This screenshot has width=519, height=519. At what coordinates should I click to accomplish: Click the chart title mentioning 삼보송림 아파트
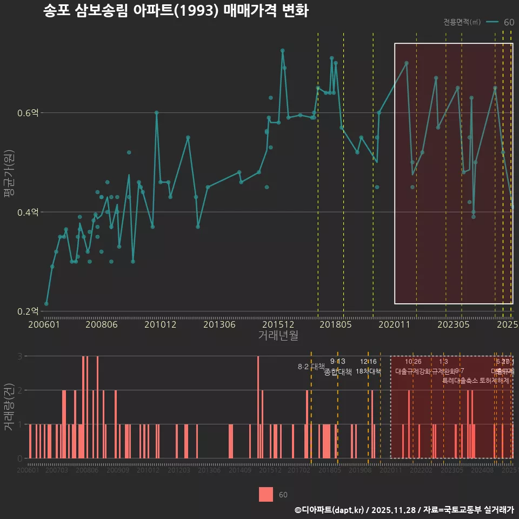pyautogui.click(x=176, y=11)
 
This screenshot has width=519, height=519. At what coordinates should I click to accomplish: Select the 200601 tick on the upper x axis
pyautogui.click(x=44, y=324)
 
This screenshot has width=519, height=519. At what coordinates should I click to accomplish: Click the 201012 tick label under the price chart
pyautogui.click(x=160, y=324)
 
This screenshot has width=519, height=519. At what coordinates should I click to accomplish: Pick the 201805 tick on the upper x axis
pyautogui.click(x=335, y=324)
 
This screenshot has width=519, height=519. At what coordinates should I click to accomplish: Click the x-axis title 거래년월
pyautogui.click(x=278, y=335)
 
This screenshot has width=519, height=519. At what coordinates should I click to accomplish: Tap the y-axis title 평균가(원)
pyautogui.click(x=9, y=174)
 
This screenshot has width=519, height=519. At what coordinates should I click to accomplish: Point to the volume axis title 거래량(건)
pyautogui.click(x=9, y=407)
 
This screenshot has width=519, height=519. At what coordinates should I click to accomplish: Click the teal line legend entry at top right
pyautogui.click(x=500, y=22)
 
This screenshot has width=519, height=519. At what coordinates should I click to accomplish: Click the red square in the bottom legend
pyautogui.click(x=266, y=494)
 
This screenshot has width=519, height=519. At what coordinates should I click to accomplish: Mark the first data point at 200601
pyautogui.click(x=46, y=304)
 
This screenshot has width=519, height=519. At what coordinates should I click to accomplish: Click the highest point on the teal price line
pyautogui.click(x=282, y=51)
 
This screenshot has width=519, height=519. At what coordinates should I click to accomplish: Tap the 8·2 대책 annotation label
pyautogui.click(x=311, y=367)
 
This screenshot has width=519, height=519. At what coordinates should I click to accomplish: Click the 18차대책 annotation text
pyautogui.click(x=368, y=371)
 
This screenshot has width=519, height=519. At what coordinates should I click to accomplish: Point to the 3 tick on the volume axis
pyautogui.click(x=19, y=356)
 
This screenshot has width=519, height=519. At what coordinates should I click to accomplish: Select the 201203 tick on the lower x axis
pyautogui.click(x=178, y=471)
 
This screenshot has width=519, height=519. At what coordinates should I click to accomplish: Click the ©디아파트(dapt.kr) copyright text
pyautogui.click(x=329, y=510)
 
